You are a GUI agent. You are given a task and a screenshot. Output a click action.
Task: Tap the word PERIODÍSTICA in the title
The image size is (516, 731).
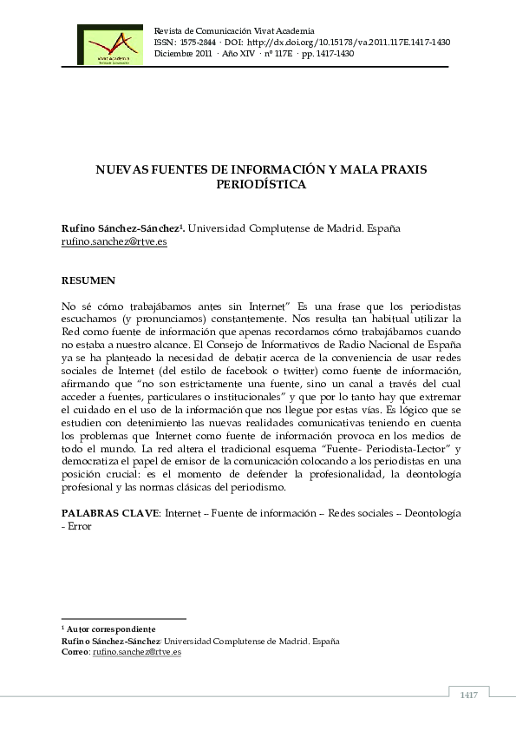click(x=261, y=184)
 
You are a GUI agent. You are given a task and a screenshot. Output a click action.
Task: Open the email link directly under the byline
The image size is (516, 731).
click(x=114, y=242)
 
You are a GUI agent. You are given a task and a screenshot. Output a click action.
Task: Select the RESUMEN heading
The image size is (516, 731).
click(x=88, y=282)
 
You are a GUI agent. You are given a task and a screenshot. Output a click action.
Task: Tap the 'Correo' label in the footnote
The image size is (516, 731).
click(x=75, y=651)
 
